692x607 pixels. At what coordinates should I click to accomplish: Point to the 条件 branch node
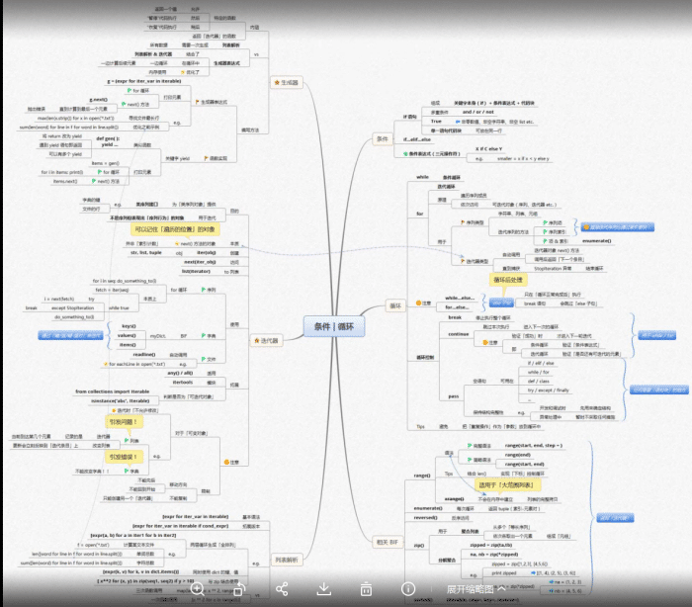pyautogui.click(x=383, y=139)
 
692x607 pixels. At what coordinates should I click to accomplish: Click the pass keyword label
pyautogui.click(x=455, y=394)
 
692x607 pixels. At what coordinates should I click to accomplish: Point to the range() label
pyautogui.click(x=421, y=476)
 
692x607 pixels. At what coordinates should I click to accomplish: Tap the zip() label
pyautogui.click(x=418, y=545)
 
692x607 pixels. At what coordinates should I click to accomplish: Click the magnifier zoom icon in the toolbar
pyautogui.click(x=198, y=589)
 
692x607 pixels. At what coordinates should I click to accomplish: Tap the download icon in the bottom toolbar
pyautogui.click(x=323, y=589)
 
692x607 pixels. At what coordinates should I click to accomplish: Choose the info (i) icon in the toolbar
pyautogui.click(x=406, y=589)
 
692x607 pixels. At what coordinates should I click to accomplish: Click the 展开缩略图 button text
pyautogui.click(x=470, y=589)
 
